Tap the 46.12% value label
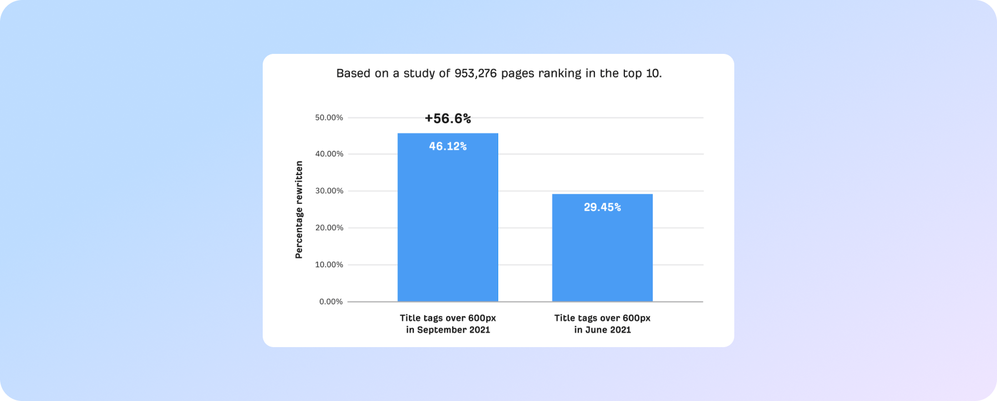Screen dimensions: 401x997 click(x=448, y=147)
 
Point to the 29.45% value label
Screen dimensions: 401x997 click(x=602, y=207)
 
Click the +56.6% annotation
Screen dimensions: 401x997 click(x=448, y=118)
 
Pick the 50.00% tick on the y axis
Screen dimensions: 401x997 click(x=329, y=118)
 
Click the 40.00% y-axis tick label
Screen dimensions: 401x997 click(x=329, y=154)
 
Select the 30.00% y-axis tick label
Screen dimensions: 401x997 click(x=329, y=191)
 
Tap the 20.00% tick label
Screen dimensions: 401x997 click(x=329, y=228)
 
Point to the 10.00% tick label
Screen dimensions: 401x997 click(x=329, y=265)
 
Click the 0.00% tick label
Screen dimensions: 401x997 click(x=331, y=302)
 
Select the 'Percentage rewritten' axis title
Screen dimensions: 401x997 click(x=299, y=209)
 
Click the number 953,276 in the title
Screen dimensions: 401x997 click(x=475, y=73)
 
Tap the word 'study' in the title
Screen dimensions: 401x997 click(x=420, y=73)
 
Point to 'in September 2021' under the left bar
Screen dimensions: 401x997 click(x=448, y=330)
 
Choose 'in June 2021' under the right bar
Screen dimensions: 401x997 click(x=602, y=330)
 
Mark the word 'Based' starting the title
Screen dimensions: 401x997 click(x=353, y=73)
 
